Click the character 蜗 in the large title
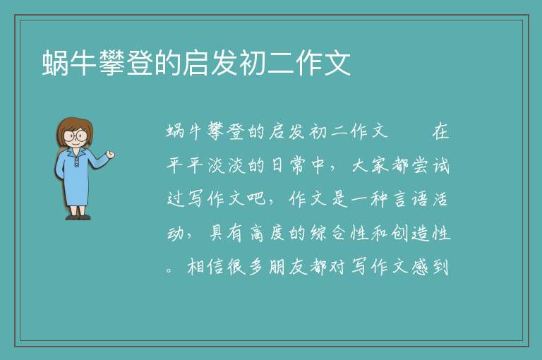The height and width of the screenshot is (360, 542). click(56, 63)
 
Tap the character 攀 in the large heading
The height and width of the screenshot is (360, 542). click(112, 63)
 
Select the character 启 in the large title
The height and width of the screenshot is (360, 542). click(196, 63)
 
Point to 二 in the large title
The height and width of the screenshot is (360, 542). click(281, 63)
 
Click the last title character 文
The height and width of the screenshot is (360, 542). click(337, 63)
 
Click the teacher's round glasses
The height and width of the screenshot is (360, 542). click(76, 136)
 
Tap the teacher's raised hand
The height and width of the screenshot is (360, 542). click(110, 155)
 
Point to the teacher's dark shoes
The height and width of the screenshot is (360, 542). click(78, 217)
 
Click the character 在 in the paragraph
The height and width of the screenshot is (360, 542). click(440, 131)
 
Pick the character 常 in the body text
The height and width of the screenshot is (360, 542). click(297, 165)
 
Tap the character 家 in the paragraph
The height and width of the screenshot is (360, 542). click(380, 165)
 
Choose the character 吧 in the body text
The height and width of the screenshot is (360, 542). click(256, 199)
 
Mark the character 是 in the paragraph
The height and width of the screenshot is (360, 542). click(340, 199)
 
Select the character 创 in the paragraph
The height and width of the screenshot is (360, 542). click(400, 233)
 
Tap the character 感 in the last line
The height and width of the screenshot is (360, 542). click(421, 267)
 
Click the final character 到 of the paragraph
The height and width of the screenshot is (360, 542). click(440, 267)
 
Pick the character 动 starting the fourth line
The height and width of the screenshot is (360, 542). click(176, 233)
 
